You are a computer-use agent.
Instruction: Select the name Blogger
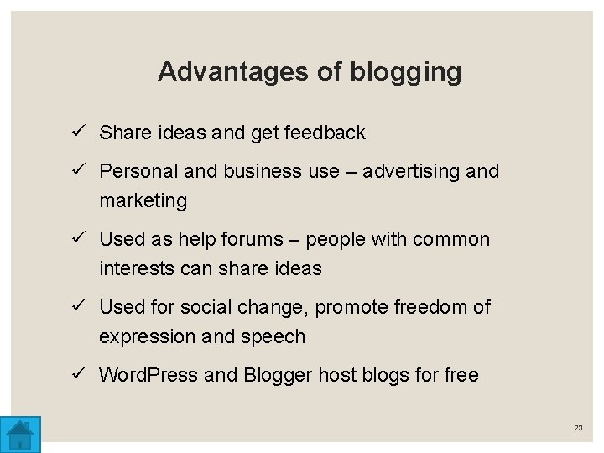[x=279, y=375]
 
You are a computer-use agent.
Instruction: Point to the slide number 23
[x=578, y=428]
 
